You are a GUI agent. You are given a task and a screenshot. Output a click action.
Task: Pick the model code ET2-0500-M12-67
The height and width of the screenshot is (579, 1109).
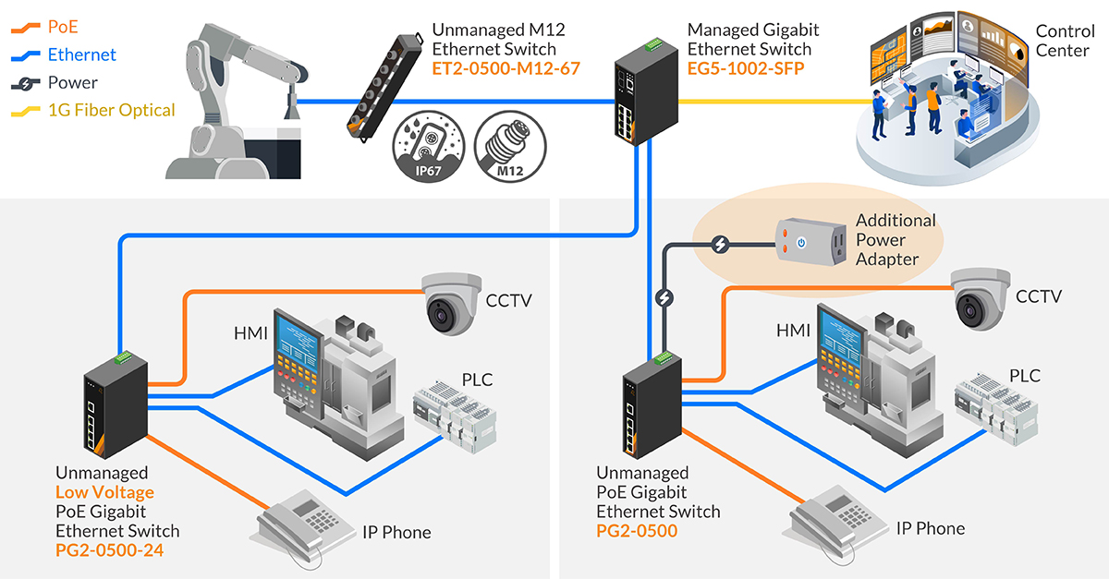(498, 68)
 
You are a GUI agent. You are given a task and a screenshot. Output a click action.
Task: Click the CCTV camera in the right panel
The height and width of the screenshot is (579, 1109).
(982, 297)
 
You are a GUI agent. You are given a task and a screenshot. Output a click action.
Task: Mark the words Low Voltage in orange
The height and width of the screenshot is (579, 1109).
(104, 492)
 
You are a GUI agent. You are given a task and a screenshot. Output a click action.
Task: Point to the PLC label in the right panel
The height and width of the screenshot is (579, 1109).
(1024, 376)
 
